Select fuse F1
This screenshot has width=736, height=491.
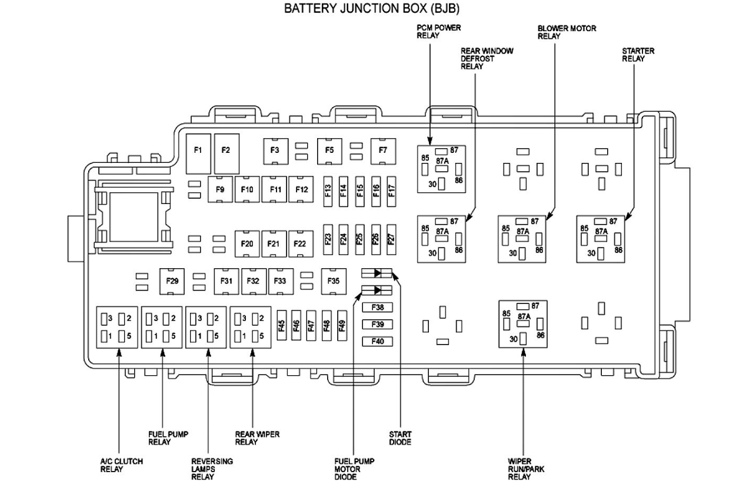click(198, 151)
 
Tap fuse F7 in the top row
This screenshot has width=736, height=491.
click(383, 151)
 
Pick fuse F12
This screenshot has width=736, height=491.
click(302, 189)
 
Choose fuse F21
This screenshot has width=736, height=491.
click(274, 243)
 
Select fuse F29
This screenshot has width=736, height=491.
click(172, 281)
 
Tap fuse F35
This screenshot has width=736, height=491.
click(334, 281)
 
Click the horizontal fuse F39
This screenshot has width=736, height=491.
click(378, 324)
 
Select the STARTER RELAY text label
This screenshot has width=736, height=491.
click(638, 55)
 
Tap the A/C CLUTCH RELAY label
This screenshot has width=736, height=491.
click(121, 465)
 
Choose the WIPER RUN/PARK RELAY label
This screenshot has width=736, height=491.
click(525, 469)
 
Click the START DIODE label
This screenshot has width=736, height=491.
click(400, 438)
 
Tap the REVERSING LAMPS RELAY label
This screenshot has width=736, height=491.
click(212, 469)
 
